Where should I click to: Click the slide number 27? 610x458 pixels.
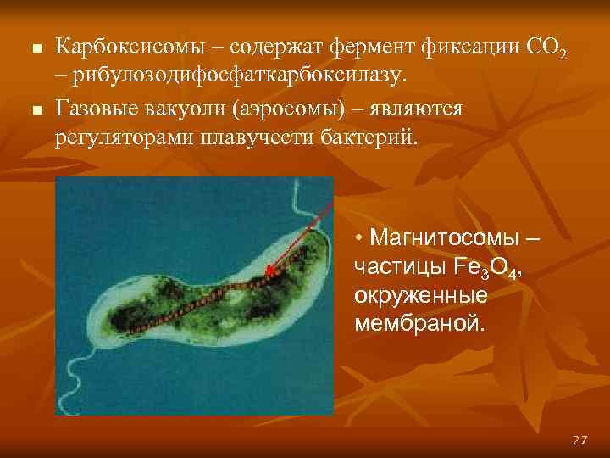click(579, 439)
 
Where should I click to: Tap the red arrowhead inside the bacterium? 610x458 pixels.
click(270, 272)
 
